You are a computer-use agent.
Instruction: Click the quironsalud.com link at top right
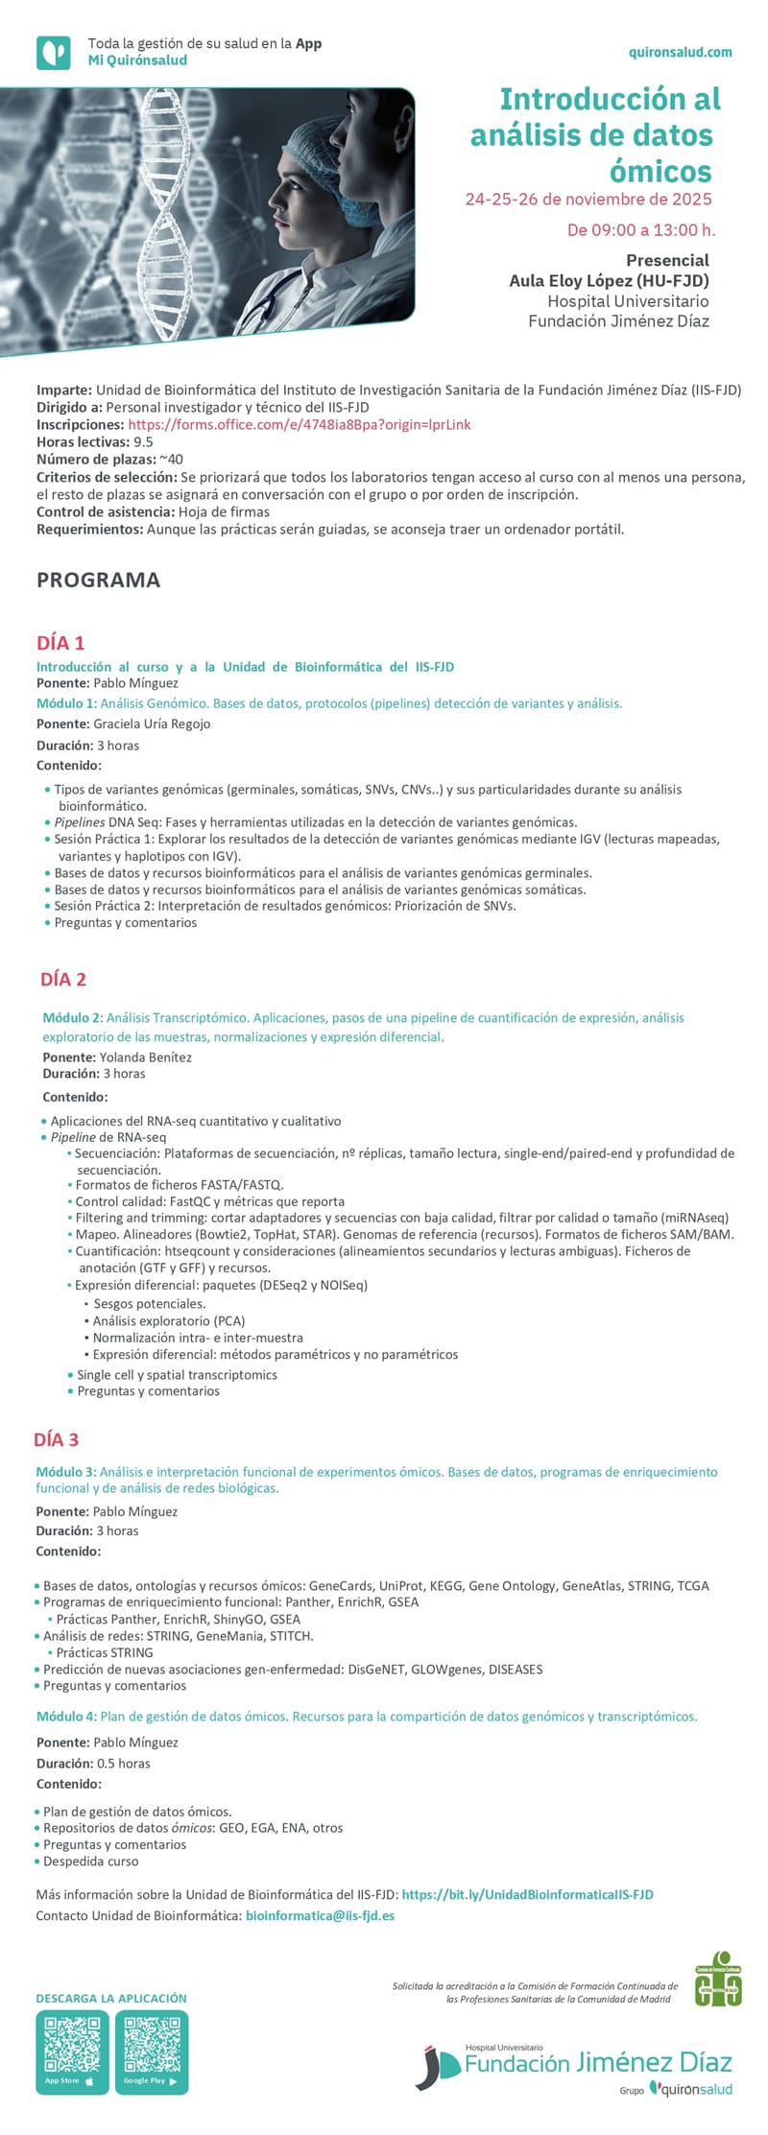pyautogui.click(x=680, y=53)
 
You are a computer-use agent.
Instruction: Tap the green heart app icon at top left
pyautogui.click(x=54, y=53)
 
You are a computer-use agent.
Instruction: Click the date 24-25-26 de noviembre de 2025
pyautogui.click(x=588, y=200)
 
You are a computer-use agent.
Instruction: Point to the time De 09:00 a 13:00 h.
pyautogui.click(x=640, y=229)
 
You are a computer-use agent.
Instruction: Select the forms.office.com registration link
pyautogui.click(x=299, y=424)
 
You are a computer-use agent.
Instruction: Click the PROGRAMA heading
pyautogui.click(x=98, y=580)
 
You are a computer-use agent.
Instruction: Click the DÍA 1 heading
pyautogui.click(x=60, y=643)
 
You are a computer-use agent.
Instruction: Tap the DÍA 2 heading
pyautogui.click(x=63, y=979)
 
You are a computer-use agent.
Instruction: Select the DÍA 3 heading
pyautogui.click(x=56, y=1439)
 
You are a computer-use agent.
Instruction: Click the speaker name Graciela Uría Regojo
pyautogui.click(x=152, y=724)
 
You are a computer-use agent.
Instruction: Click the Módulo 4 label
pyautogui.click(x=66, y=1716)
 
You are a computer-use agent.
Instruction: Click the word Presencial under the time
pyautogui.click(x=667, y=260)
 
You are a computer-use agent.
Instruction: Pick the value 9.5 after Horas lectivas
pyautogui.click(x=143, y=442)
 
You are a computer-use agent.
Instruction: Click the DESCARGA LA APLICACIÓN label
pyautogui.click(x=111, y=1998)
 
